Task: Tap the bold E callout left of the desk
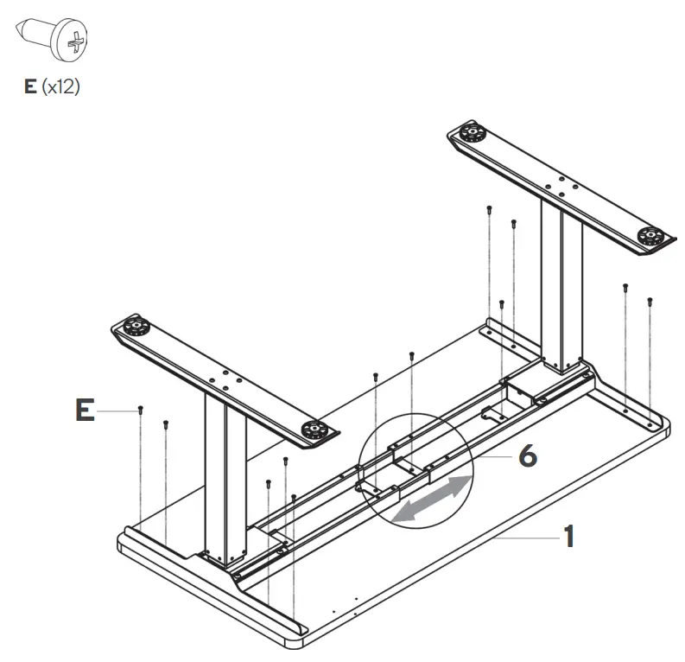(84, 411)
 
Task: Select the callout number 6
(527, 455)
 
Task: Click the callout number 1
(568, 537)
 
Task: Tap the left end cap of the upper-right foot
(471, 134)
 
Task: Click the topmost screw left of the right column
(490, 208)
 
